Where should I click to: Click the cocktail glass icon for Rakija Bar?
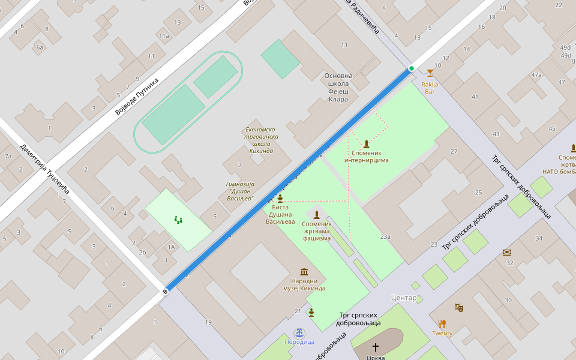click(x=430, y=73)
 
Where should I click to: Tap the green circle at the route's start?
click(x=412, y=68)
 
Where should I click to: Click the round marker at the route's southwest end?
click(x=165, y=292)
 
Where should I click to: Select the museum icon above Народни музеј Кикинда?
click(x=304, y=271)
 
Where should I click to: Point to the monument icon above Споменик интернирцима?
click(x=366, y=143)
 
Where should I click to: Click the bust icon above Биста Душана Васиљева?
click(x=280, y=198)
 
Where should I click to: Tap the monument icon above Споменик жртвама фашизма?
click(x=316, y=215)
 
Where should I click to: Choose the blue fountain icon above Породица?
click(x=299, y=332)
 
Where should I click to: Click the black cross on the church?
click(x=376, y=347)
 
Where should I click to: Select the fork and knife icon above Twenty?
click(x=442, y=324)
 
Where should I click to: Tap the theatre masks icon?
click(x=459, y=307)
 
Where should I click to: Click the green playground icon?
click(x=178, y=220)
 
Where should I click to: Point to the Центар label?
click(x=403, y=298)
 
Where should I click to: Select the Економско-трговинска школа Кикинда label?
click(x=261, y=140)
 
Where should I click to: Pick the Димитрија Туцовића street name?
click(x=45, y=169)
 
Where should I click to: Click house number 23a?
click(x=385, y=236)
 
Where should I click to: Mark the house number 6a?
click(x=40, y=47)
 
